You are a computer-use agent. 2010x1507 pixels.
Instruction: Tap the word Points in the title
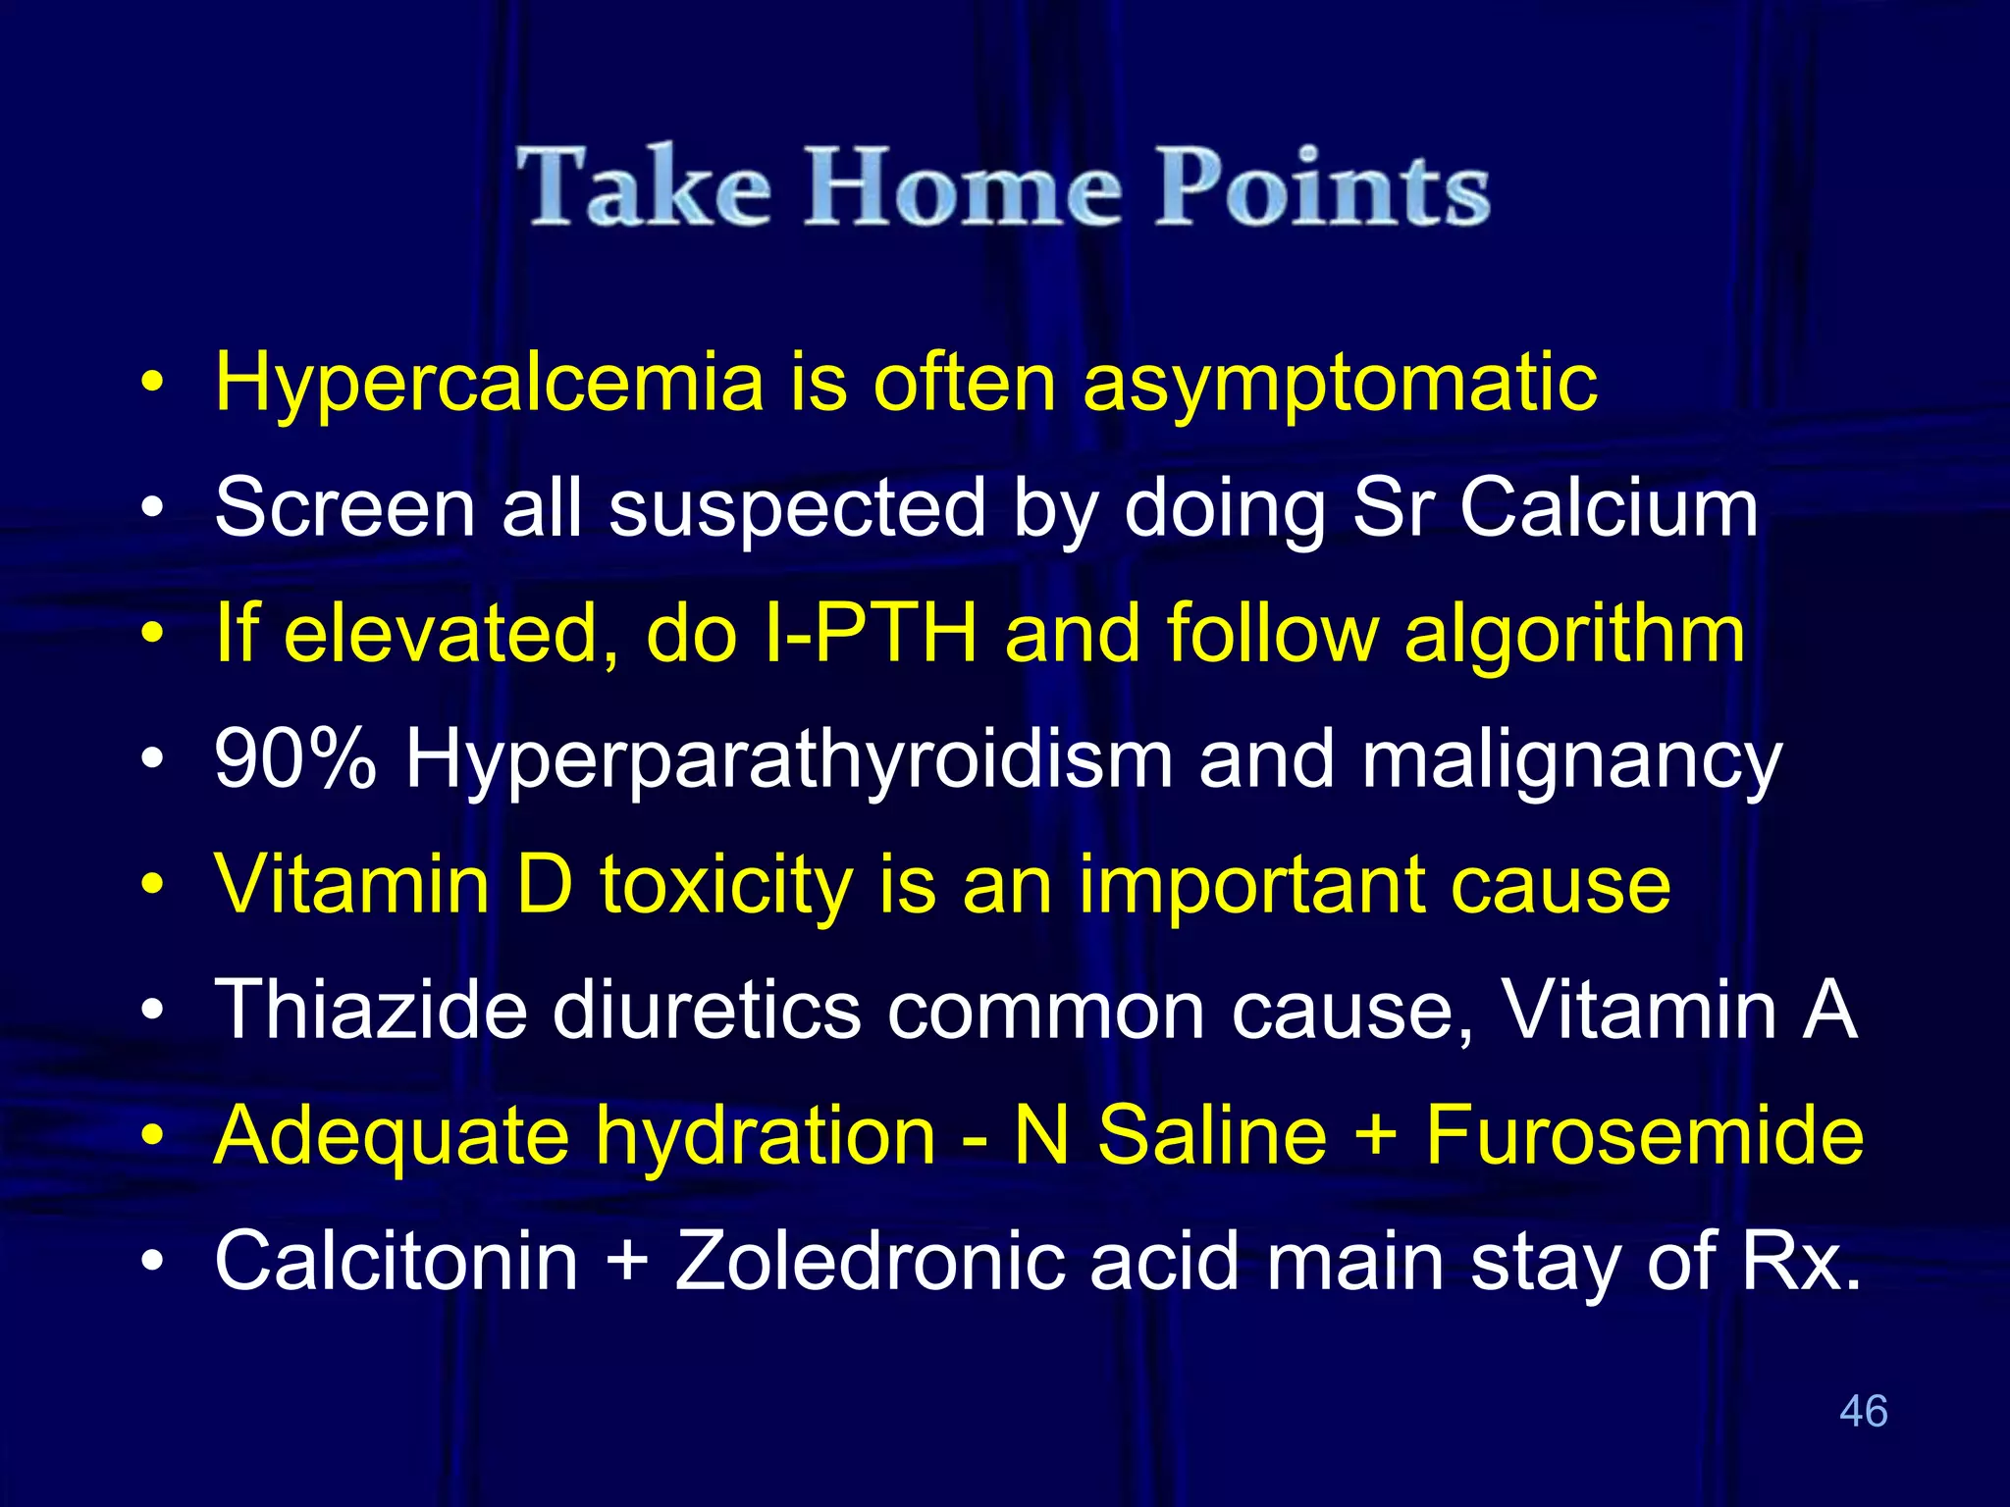point(1322,186)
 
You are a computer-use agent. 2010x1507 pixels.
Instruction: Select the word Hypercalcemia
point(489,383)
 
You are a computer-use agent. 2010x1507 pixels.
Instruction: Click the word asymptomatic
point(1340,383)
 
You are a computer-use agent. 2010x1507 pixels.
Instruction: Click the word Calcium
point(1609,508)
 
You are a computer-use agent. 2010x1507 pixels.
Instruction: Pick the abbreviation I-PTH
point(870,633)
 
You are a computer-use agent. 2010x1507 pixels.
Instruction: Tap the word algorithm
point(1574,633)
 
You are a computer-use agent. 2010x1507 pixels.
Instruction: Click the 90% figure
point(295,758)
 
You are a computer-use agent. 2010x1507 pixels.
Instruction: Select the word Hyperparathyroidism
point(789,760)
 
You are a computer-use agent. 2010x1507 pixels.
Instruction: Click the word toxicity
point(726,885)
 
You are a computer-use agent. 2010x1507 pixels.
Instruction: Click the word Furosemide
point(1644,1135)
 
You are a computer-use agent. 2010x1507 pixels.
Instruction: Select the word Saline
point(1212,1135)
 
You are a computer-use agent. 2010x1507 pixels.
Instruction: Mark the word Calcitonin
point(397,1261)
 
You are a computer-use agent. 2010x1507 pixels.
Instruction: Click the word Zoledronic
point(870,1261)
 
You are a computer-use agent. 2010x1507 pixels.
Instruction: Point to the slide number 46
point(1863,1411)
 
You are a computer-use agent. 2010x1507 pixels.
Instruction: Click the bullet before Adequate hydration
point(151,1136)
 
